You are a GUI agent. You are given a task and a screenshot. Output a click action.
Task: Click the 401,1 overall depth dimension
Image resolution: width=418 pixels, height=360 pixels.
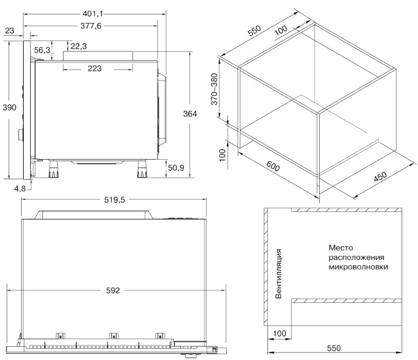click(x=93, y=14)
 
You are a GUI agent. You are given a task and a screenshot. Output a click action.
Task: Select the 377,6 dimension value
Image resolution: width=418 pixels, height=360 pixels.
click(x=91, y=26)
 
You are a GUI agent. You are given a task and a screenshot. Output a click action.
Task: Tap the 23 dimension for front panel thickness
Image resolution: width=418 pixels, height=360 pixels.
click(x=10, y=31)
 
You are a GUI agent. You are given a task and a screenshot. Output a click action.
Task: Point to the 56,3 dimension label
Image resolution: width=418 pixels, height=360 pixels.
click(x=42, y=50)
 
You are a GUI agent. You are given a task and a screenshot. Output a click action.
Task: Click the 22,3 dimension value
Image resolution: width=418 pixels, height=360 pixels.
click(x=79, y=47)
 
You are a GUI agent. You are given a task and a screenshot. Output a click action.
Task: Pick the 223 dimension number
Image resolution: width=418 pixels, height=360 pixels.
click(x=95, y=69)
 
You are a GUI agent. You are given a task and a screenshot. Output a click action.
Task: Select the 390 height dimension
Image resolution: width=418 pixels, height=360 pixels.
click(x=10, y=107)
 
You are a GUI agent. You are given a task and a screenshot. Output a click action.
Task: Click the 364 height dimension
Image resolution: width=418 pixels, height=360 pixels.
click(x=190, y=114)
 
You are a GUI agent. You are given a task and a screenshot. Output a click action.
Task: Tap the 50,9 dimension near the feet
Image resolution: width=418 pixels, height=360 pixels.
click(x=176, y=168)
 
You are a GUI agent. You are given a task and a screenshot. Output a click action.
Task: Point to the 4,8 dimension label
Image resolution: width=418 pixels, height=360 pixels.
click(x=20, y=189)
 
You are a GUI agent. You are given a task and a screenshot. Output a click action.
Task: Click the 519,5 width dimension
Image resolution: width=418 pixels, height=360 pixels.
click(x=114, y=200)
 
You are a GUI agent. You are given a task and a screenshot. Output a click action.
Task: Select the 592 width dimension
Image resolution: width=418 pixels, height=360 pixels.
click(x=113, y=290)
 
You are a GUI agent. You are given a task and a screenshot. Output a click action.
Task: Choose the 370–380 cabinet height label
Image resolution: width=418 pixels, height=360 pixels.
click(x=215, y=89)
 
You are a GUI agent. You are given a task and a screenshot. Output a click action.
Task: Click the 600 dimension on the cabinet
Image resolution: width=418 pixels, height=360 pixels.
click(x=273, y=166)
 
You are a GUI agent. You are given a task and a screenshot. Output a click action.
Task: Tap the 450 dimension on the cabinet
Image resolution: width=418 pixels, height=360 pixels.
click(x=380, y=176)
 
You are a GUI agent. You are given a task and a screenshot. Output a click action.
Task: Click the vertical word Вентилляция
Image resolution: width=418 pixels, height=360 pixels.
click(x=278, y=274)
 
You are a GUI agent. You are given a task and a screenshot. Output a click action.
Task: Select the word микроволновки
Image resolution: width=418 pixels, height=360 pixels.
click(x=358, y=267)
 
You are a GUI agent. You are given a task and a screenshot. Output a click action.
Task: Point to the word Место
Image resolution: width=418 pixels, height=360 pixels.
click(x=341, y=248)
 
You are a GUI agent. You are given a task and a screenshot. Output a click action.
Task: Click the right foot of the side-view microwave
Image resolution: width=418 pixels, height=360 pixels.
click(x=142, y=169)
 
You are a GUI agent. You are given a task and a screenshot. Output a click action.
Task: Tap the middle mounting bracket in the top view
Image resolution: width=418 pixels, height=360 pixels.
click(x=114, y=336)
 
